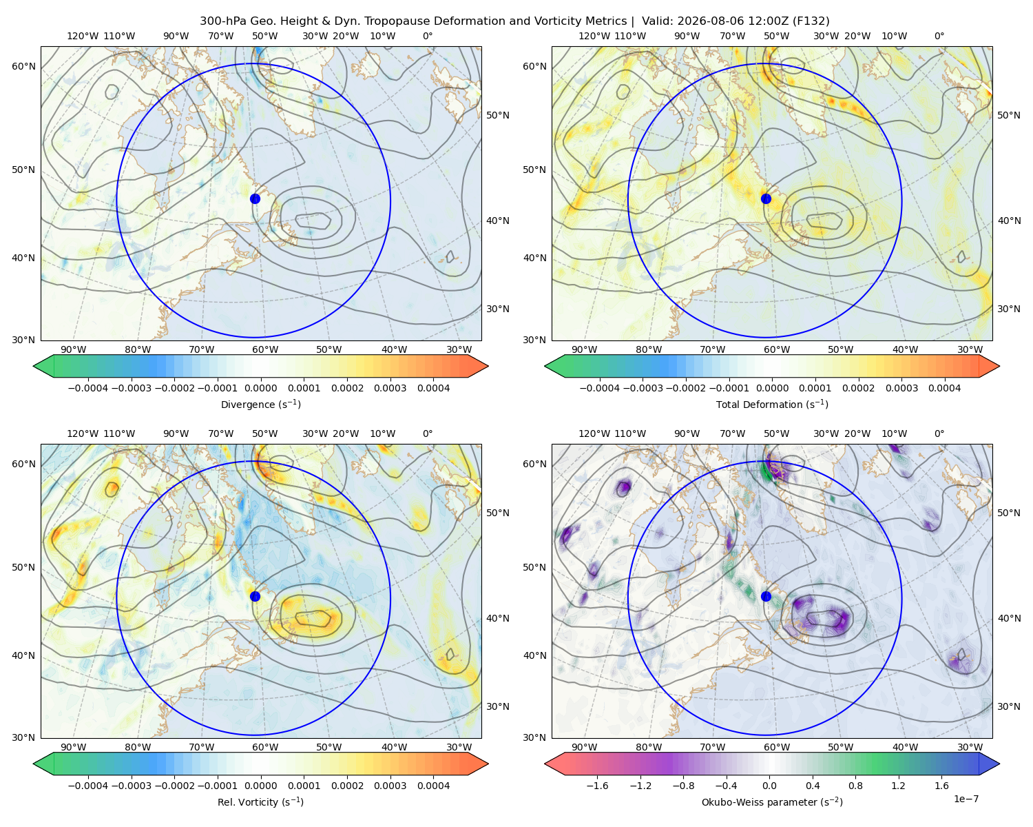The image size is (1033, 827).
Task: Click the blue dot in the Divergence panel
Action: click(255, 198)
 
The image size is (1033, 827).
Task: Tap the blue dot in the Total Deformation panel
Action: click(766, 198)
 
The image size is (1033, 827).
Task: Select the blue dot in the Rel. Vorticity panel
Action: click(255, 596)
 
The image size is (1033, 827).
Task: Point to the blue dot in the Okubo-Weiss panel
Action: click(766, 596)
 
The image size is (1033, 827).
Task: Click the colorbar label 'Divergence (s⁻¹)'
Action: click(260, 404)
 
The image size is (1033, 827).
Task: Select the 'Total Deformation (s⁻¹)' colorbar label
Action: click(772, 404)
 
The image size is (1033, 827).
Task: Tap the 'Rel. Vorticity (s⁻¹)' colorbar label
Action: click(260, 802)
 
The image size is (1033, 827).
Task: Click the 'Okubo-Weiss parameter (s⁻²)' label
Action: click(772, 802)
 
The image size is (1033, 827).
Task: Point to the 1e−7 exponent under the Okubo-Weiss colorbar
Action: click(966, 799)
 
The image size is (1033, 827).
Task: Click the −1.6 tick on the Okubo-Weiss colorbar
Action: click(597, 786)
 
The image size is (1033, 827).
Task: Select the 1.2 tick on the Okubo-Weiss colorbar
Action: click(898, 786)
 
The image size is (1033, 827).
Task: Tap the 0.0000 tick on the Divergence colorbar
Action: click(260, 388)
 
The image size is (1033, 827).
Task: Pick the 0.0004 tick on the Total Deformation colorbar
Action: click(944, 388)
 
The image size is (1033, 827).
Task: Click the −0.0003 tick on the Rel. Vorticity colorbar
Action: click(131, 786)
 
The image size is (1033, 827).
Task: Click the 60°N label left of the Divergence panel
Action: click(23, 66)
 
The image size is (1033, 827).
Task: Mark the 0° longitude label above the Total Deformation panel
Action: click(939, 36)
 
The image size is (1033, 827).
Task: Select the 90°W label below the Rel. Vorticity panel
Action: click(74, 747)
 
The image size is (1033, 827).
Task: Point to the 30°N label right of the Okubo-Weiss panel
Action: click(1009, 706)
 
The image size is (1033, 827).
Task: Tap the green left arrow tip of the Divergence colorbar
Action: click(34, 366)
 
